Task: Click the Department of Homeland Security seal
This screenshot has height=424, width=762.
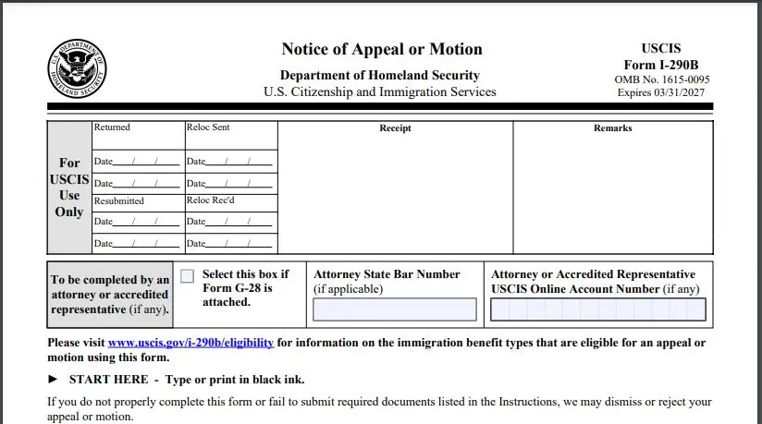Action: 78,70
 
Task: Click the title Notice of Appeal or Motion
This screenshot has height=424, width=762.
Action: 381,49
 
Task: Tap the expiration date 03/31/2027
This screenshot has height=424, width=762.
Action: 684,94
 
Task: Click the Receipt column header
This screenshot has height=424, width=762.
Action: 395,128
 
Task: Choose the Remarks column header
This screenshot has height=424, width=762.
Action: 612,128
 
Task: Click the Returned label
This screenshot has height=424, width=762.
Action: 112,127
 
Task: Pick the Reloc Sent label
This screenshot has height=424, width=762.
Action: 208,127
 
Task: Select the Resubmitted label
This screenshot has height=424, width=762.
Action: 119,200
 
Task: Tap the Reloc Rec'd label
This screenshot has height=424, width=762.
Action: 212,200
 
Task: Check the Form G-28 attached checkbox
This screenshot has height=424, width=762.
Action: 188,276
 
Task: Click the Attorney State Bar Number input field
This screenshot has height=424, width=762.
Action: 395,309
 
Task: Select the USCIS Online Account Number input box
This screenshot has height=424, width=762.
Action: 598,309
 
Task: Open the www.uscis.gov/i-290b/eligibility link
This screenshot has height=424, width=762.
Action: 190,343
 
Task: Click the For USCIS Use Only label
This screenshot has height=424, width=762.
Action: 69,188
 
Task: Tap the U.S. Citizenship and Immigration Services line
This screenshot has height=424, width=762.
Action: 380,92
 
